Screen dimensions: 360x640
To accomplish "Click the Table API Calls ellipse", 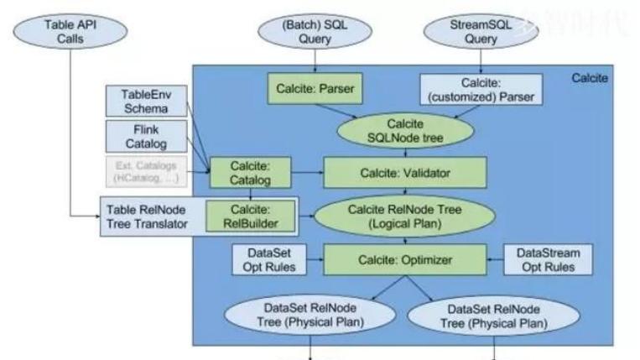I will click(x=66, y=33).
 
